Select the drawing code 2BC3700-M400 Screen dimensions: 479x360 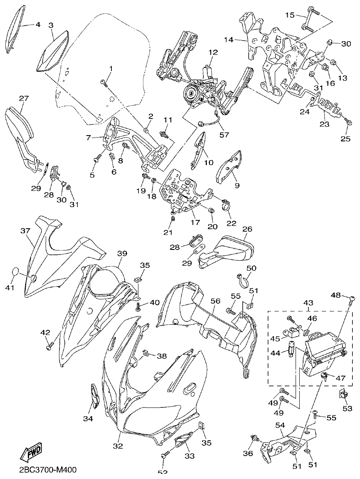pos(48,470)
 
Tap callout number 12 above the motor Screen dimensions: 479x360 pos(213,53)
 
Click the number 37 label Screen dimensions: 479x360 pos(25,230)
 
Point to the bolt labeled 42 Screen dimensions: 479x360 pos(50,344)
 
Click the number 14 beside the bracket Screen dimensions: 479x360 pos(229,40)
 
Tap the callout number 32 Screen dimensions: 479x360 pos(118,446)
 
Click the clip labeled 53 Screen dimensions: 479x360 pos(343,394)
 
